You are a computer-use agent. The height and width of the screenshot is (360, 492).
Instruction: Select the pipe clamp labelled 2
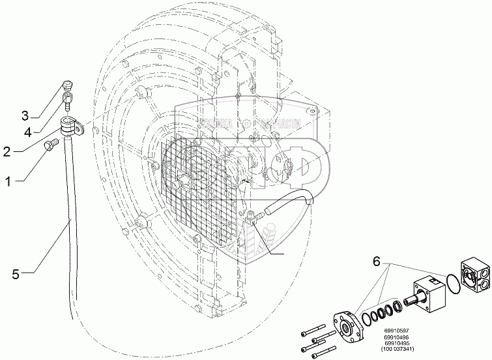(x=71, y=125)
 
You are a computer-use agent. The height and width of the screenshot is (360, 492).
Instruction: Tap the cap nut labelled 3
(x=66, y=85)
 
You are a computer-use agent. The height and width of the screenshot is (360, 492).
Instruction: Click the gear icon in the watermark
(x=245, y=122)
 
